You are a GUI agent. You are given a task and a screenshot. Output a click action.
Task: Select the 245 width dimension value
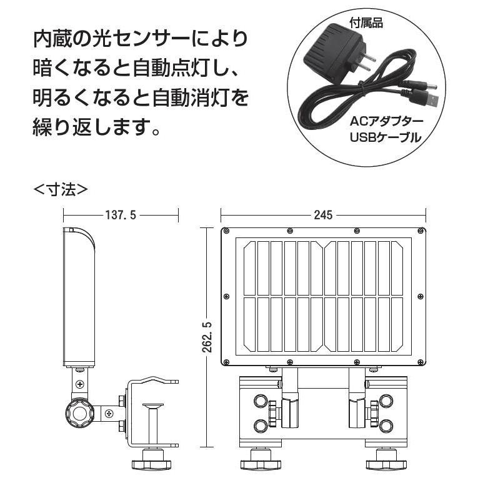coord(322,215)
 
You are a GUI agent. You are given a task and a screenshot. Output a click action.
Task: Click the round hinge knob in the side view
coord(80,412)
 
